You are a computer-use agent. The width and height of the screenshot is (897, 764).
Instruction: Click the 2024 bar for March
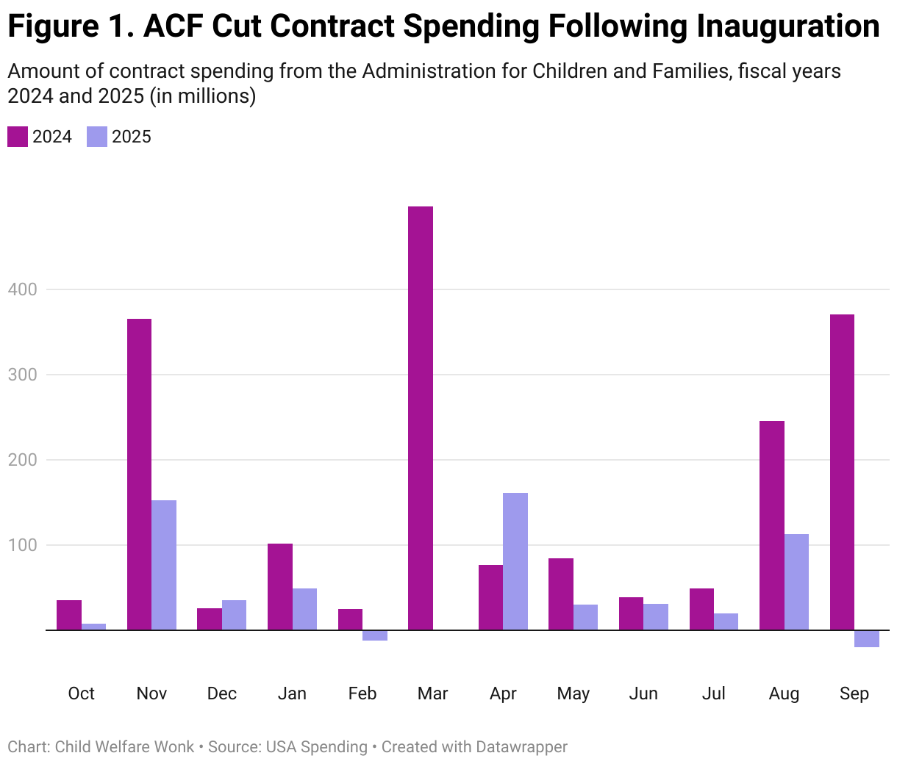pos(421,418)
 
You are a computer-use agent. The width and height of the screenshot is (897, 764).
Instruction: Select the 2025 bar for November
pos(164,565)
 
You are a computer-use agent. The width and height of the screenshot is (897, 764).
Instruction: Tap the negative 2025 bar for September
pos(867,638)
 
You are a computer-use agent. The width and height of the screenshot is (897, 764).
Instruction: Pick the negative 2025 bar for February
pos(375,635)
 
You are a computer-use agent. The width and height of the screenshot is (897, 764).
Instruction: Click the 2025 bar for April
pos(515,561)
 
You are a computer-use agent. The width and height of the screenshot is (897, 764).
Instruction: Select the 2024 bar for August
pos(772,525)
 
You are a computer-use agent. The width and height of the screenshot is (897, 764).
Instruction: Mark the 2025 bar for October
pos(93,627)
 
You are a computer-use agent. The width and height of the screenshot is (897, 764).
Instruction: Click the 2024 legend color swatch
pos(18,137)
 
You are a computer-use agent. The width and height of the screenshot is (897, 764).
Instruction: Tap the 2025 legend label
pos(132,137)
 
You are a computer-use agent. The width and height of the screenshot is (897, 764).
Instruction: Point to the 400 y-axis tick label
pos(22,289)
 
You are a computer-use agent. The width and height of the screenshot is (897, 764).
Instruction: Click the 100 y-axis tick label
pos(22,545)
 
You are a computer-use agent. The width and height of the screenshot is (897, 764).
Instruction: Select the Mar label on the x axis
pos(432,693)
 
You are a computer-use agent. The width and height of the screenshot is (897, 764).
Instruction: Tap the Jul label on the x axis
pos(713,693)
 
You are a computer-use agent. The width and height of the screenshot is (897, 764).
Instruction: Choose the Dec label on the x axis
pos(221,693)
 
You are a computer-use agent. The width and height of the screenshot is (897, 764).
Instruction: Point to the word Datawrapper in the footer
pos(521,747)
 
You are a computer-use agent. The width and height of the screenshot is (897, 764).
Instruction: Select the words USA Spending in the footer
pos(316,747)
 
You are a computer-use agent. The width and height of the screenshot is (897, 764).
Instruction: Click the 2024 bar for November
pos(139,474)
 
